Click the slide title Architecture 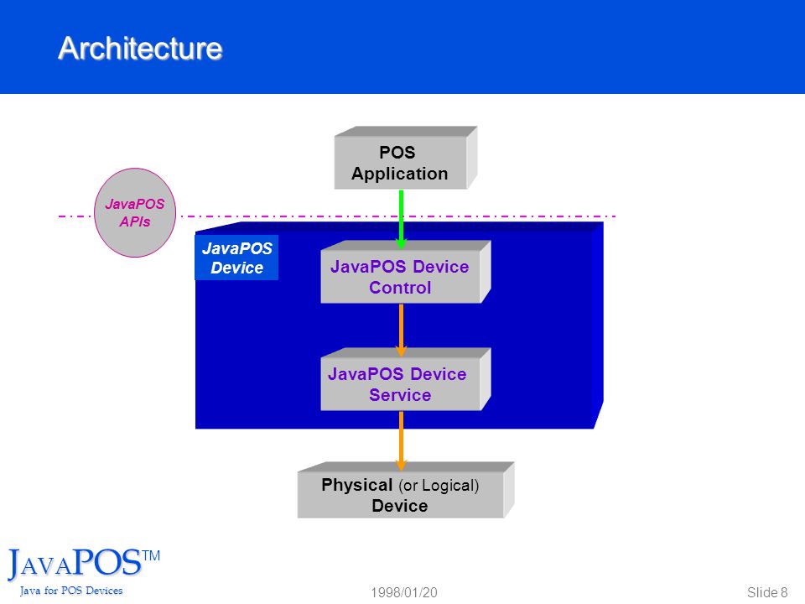pos(140,49)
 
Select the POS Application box pos(406,158)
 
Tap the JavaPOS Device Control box pos(406,272)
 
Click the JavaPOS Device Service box pos(406,379)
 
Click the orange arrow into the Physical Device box pos(401,441)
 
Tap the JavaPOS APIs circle pos(135,212)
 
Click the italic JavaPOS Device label pos(236,258)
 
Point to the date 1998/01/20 pos(404,593)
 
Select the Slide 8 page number pos(767,593)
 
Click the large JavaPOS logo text pos(75,564)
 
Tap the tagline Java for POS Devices pos(71,591)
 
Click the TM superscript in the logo pos(151,555)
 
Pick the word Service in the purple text pos(400,395)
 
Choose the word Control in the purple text pos(400,288)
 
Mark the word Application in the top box pos(399,174)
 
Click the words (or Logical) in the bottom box pos(439,486)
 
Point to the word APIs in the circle pos(135,221)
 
